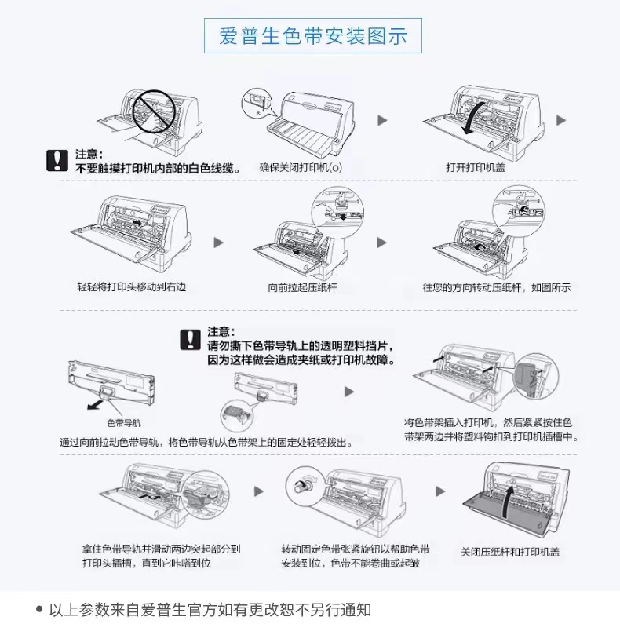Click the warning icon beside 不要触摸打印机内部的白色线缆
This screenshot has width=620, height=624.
pyautogui.click(x=57, y=161)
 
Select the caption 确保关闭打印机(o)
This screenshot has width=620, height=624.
pyautogui.click(x=301, y=168)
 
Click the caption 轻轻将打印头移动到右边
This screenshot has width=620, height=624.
pyautogui.click(x=131, y=287)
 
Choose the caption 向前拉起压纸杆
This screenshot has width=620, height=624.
pyautogui.click(x=302, y=287)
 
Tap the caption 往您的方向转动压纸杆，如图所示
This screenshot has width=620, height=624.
pyautogui.click(x=497, y=287)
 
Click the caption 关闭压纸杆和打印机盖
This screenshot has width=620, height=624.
pyautogui.click(x=510, y=553)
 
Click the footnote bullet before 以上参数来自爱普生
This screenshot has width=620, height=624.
pyautogui.click(x=39, y=608)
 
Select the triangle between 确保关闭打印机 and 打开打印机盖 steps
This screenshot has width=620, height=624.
pyautogui.click(x=383, y=120)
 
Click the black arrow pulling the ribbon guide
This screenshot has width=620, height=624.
pyautogui.click(x=93, y=403)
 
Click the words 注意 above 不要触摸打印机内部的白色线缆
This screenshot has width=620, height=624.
pyautogui.click(x=89, y=155)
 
